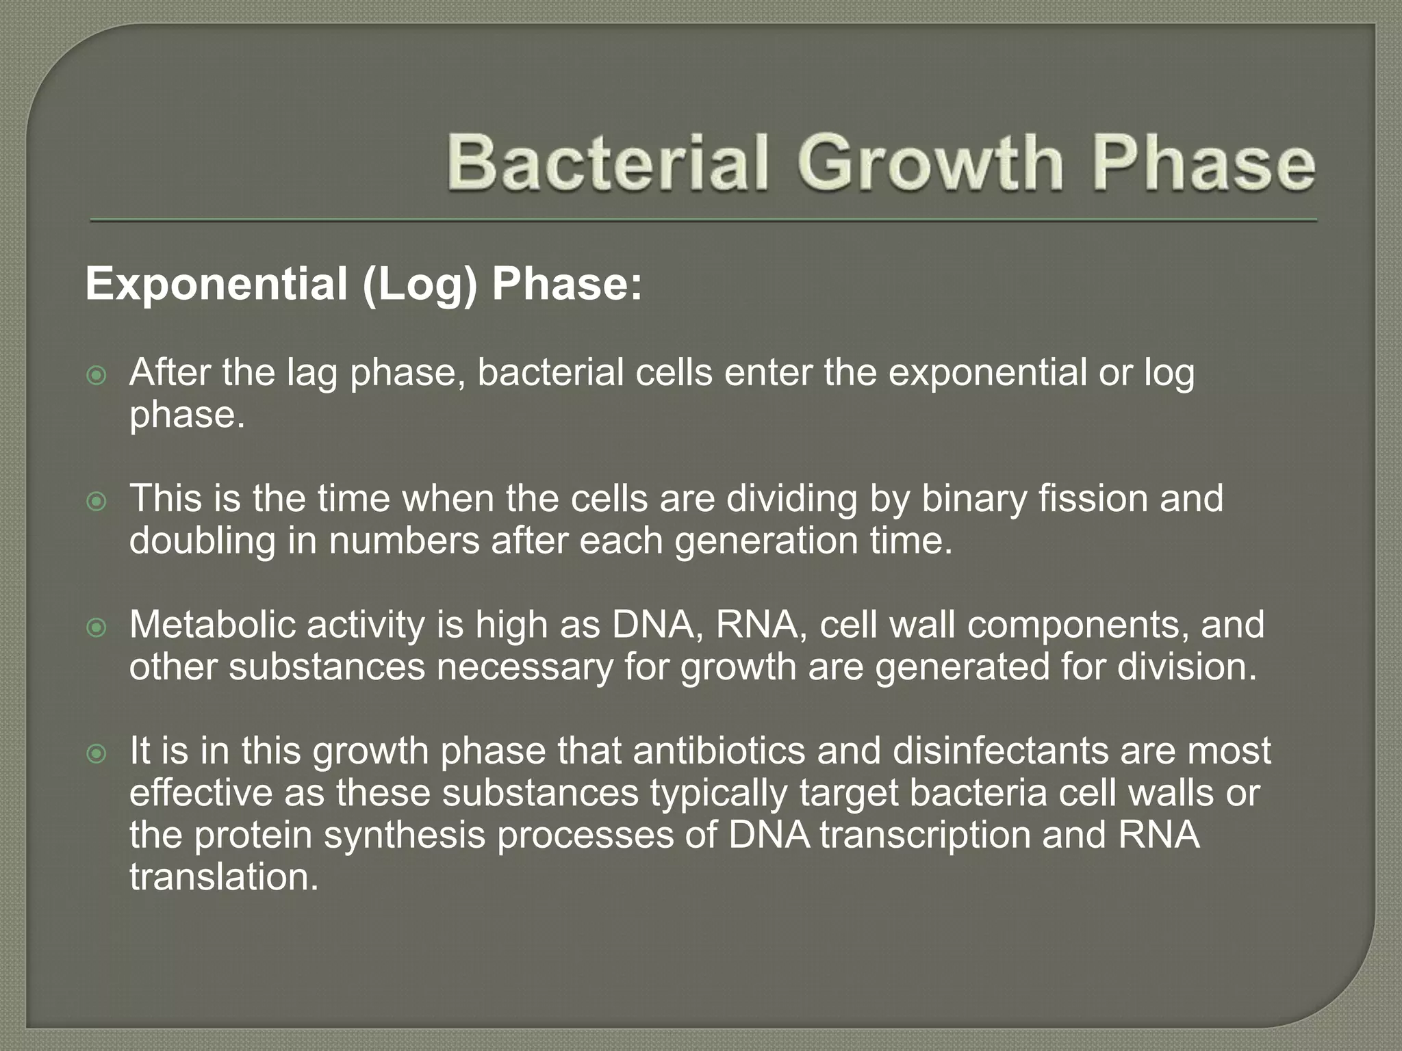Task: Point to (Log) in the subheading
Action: click(419, 283)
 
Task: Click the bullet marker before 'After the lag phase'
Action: click(97, 376)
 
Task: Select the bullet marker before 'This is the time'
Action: click(97, 502)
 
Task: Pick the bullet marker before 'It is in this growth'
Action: click(97, 754)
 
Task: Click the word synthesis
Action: click(405, 835)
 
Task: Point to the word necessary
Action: click(524, 666)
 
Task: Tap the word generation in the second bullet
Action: click(767, 541)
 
